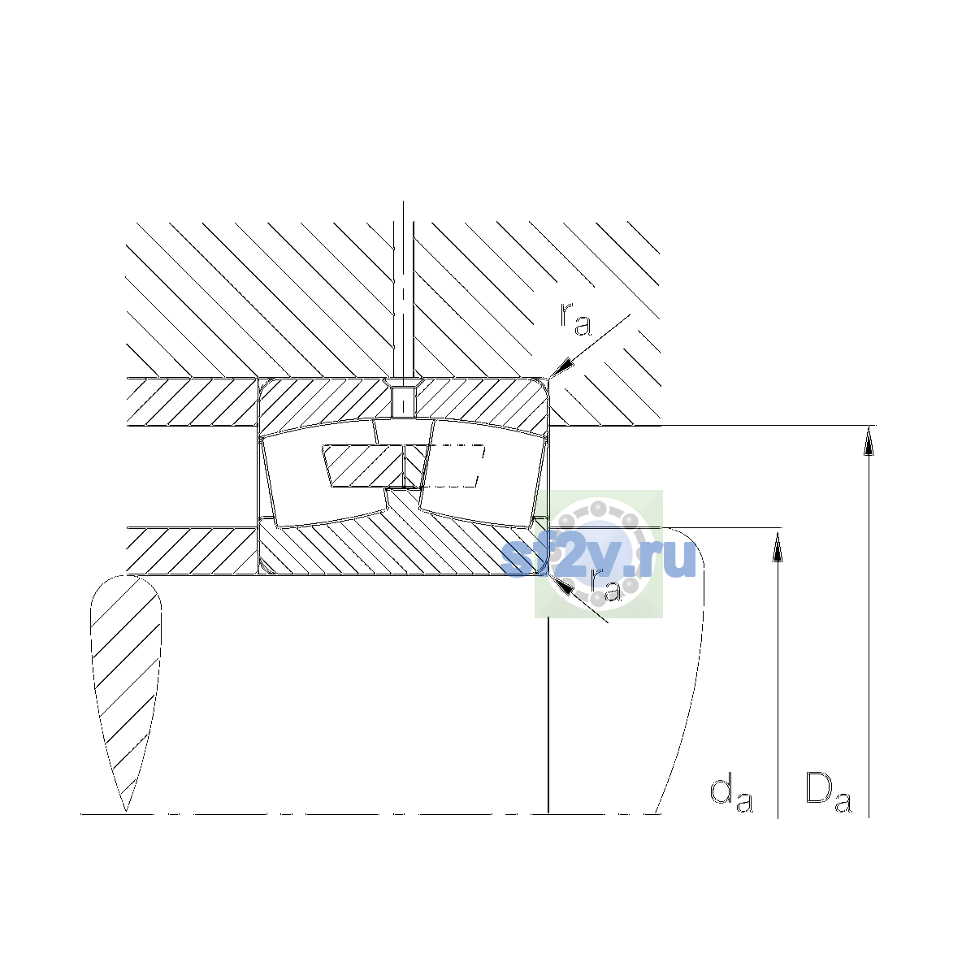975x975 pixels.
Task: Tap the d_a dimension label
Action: pos(731,795)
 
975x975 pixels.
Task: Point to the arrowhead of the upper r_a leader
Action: pos(561,366)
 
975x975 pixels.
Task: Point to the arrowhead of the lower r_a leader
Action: pos(561,584)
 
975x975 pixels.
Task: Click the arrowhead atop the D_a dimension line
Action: pos(869,440)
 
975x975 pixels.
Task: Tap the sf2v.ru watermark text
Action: pos(598,558)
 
